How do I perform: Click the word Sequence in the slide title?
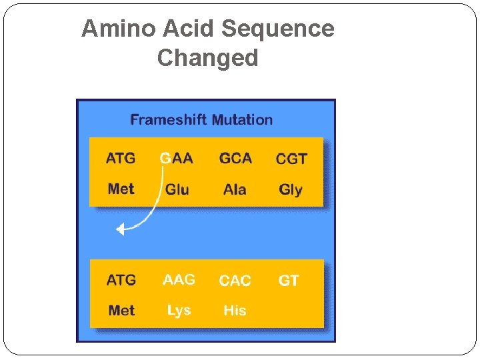coord(277,29)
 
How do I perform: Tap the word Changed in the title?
coord(207,58)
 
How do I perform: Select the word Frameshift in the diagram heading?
coord(169,120)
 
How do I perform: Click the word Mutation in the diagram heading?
coord(243,120)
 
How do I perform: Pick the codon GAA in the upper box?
coord(177,159)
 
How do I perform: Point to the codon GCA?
coord(235,159)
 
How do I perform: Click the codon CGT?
coord(291,159)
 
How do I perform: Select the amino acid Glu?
coord(177,189)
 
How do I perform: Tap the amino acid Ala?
coord(235,189)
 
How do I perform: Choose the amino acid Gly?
coord(291,190)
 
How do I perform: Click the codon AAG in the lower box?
coord(179,280)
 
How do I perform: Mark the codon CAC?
coord(235,281)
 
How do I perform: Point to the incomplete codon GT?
coord(289,281)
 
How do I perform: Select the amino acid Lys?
coord(179,311)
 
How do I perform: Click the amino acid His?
coord(235,311)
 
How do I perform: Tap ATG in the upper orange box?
coord(121,159)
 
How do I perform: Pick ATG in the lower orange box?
coord(121,280)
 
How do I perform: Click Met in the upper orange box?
coord(121,189)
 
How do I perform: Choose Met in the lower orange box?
coord(121,311)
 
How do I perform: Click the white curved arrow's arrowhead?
coord(120,230)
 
